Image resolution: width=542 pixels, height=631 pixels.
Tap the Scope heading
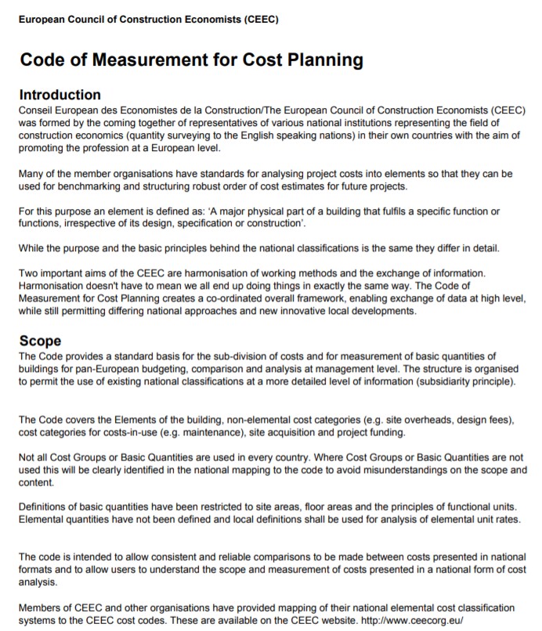[40, 342]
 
